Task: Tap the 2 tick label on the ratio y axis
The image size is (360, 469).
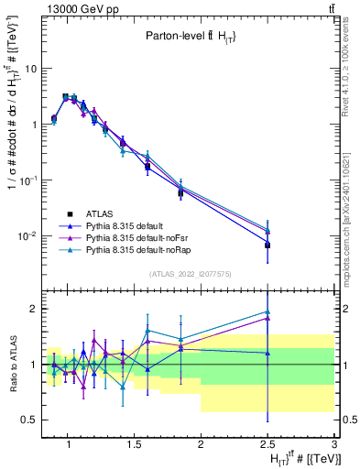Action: (32, 309)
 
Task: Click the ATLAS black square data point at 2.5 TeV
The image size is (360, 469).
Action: (267, 245)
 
